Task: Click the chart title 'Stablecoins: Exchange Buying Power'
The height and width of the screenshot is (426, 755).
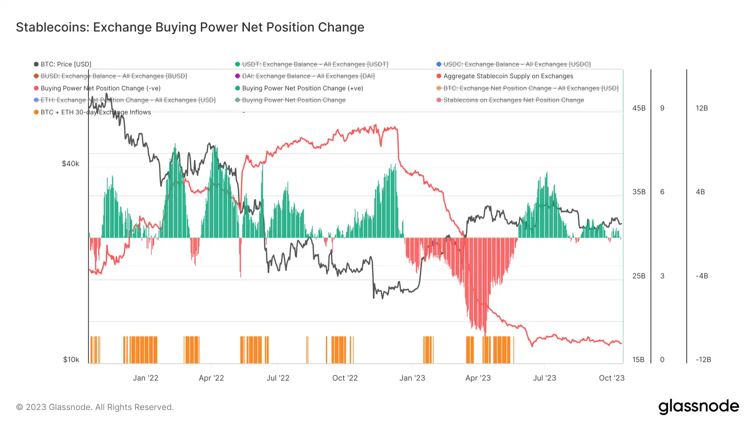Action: click(x=190, y=27)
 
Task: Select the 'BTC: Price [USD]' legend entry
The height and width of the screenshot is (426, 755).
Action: click(x=66, y=64)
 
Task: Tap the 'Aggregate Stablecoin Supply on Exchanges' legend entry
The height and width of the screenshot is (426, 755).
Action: click(x=508, y=76)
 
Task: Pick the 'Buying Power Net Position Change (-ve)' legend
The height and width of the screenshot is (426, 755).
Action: click(x=100, y=88)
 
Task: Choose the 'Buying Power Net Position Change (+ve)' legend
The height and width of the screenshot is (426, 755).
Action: click(x=302, y=88)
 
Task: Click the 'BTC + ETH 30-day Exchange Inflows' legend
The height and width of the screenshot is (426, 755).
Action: click(x=96, y=112)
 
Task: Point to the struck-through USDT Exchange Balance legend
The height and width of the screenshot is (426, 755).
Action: click(x=315, y=64)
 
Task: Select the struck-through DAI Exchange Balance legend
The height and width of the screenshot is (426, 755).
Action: click(x=308, y=76)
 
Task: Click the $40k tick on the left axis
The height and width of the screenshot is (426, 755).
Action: click(x=70, y=164)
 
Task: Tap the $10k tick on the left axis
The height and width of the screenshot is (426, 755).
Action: click(x=71, y=360)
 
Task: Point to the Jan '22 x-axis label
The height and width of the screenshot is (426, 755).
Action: click(x=146, y=378)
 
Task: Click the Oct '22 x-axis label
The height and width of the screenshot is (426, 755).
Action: click(x=345, y=378)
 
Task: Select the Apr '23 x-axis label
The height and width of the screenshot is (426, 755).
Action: click(x=478, y=378)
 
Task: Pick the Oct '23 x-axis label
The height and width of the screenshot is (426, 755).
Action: click(x=612, y=378)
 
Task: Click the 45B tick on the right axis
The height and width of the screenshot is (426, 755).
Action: click(x=639, y=108)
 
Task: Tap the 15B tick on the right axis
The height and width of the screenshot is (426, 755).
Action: click(x=638, y=360)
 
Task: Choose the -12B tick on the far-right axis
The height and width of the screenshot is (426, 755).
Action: click(x=703, y=360)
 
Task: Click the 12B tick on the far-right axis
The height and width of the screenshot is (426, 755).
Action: click(x=702, y=108)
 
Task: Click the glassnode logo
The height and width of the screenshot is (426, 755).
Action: click(x=698, y=407)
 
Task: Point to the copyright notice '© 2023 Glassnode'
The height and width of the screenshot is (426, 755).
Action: click(x=95, y=407)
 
